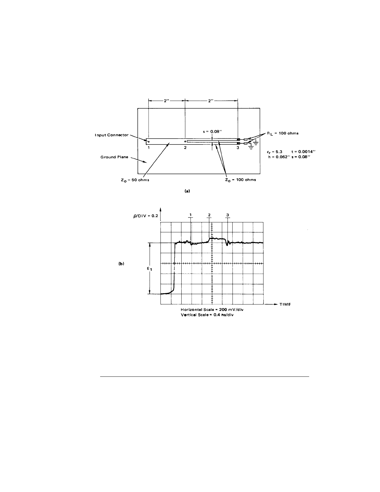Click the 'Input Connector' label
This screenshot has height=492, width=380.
point(112,135)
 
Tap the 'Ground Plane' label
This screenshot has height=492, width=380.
point(114,157)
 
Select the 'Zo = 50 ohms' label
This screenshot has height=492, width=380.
point(135,180)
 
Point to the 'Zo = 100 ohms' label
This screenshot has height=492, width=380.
point(240,180)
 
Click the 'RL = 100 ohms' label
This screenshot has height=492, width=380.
point(283,133)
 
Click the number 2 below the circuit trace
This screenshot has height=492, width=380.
point(185,148)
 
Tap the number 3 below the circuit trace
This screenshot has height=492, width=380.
point(238,148)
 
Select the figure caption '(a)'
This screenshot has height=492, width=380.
point(187,191)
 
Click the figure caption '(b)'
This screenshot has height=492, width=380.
point(121,263)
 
